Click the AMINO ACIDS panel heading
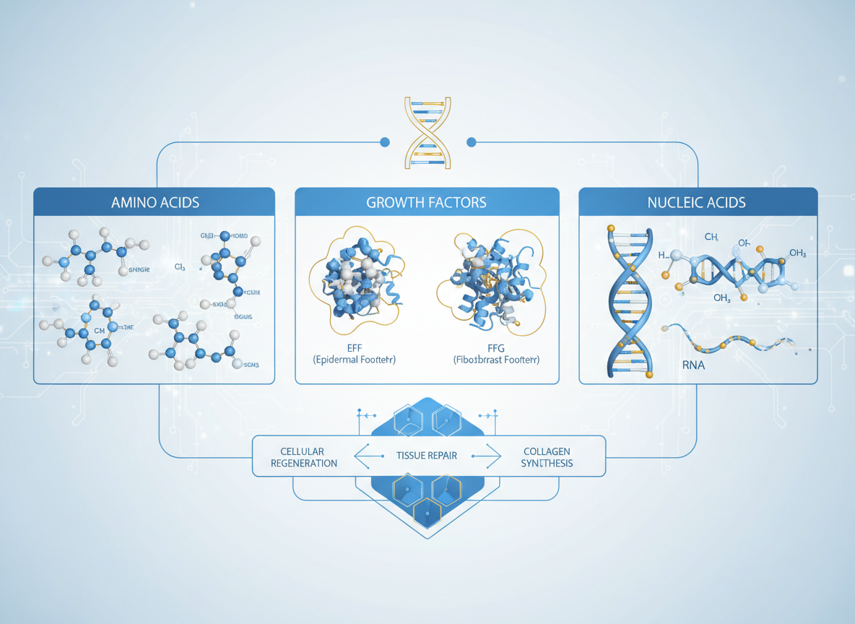coord(155,202)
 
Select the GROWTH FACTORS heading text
coord(426,202)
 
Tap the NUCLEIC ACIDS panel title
coord(697,202)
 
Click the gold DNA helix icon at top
coord(427,132)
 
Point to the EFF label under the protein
coord(355,347)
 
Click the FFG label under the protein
coord(496,347)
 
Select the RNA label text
coord(693,365)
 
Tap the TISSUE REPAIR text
coord(427,456)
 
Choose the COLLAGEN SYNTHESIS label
coord(547,457)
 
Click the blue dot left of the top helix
coord(385,142)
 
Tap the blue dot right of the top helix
coord(472,142)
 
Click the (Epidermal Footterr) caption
coord(355,360)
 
